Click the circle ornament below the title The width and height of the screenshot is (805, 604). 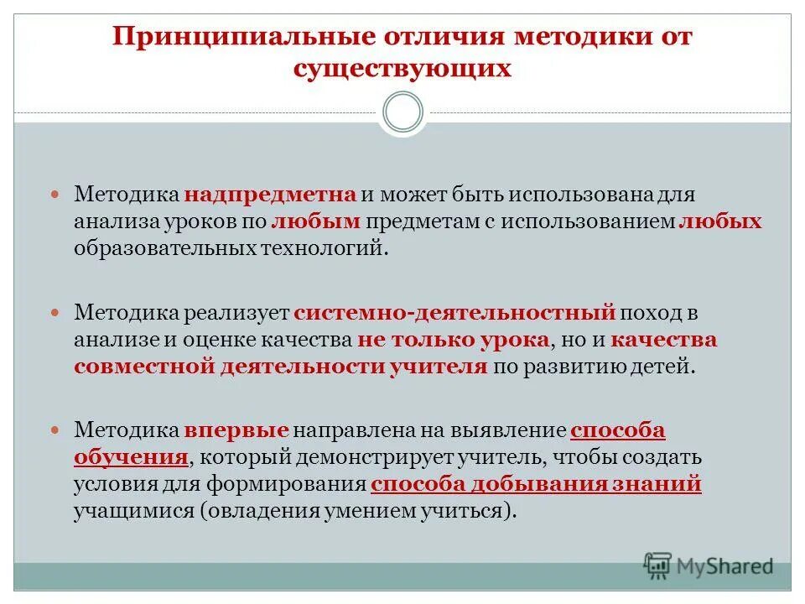[x=402, y=112]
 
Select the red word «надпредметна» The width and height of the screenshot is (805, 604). [x=272, y=194]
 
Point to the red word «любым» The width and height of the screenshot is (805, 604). [x=316, y=221]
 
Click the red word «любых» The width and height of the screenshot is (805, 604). [x=720, y=221]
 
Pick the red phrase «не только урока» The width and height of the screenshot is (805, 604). [x=454, y=340]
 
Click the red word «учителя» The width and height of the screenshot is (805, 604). [x=438, y=367]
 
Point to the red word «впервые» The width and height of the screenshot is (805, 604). [x=237, y=430]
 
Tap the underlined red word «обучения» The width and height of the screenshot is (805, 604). [x=130, y=458]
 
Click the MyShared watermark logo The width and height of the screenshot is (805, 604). [x=709, y=564]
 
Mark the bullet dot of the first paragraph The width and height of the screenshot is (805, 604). [x=57, y=194]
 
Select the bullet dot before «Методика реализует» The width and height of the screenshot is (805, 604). [x=57, y=313]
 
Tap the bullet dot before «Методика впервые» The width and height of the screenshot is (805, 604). [x=57, y=430]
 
